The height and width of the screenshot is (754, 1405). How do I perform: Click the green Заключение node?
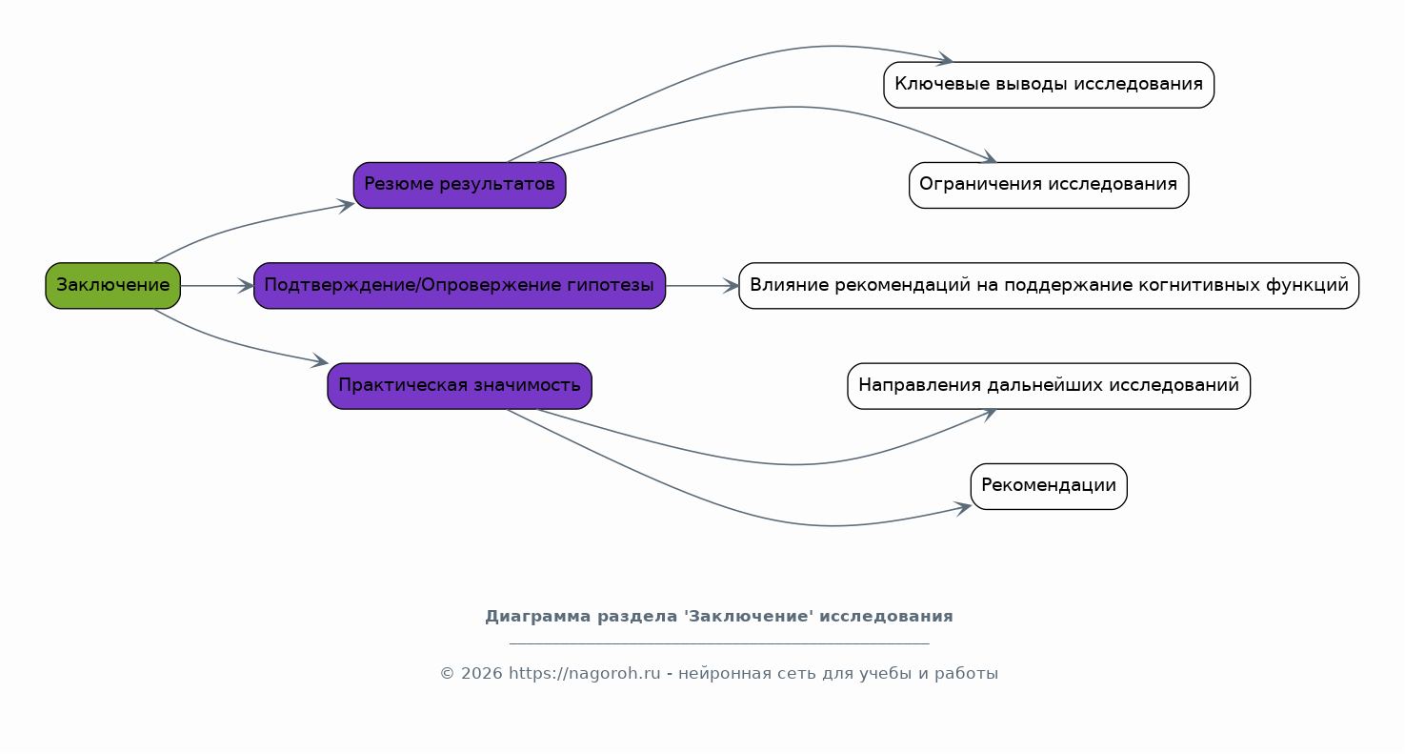tap(113, 286)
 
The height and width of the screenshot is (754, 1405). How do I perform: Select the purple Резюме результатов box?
tap(460, 185)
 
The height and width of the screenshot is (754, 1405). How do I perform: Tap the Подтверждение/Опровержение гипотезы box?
tap(460, 286)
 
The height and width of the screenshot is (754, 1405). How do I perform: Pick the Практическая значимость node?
tap(460, 386)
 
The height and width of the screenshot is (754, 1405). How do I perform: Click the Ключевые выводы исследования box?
tap(1049, 85)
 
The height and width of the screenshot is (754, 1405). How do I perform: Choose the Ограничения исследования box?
tap(1049, 185)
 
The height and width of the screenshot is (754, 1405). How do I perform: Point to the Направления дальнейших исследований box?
tap(1049, 386)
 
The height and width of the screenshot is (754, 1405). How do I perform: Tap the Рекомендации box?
tap(1049, 486)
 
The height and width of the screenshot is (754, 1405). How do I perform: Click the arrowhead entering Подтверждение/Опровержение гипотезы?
tap(246, 286)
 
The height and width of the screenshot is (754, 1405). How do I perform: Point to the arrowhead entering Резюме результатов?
tap(346, 205)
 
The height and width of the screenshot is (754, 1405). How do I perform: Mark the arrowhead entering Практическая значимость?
tap(320, 361)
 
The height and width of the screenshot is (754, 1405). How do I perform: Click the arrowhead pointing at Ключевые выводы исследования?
tap(945, 59)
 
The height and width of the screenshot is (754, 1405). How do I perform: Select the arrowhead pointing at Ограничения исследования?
tap(988, 157)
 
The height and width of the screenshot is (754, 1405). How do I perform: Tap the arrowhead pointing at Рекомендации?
tap(963, 507)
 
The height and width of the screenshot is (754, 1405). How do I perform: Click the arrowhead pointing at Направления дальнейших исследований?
tap(988, 415)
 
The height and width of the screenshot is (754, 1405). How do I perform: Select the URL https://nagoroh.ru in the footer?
tap(585, 674)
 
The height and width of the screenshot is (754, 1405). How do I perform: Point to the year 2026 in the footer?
tap(482, 674)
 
